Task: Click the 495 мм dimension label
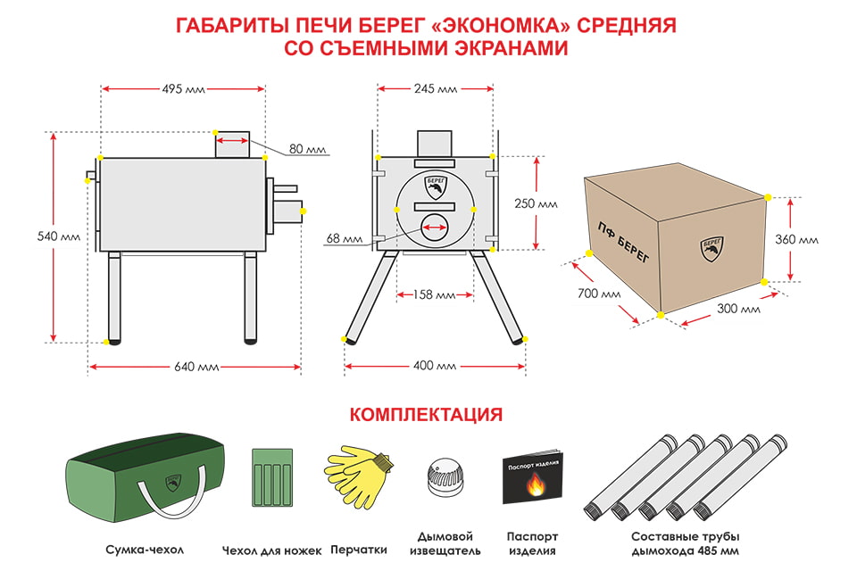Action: pyautogui.click(x=183, y=88)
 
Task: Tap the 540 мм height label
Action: pyautogui.click(x=59, y=236)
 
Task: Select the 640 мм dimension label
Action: pyautogui.click(x=196, y=367)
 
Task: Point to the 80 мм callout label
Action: pyautogui.click(x=307, y=149)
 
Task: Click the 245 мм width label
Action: pyautogui.click(x=435, y=88)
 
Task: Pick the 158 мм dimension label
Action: pyautogui.click(x=434, y=295)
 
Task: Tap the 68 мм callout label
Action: pyautogui.click(x=345, y=239)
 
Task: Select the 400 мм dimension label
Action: pyautogui.click(x=435, y=366)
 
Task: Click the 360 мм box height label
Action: pyautogui.click(x=796, y=239)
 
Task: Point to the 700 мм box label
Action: pyautogui.click(x=599, y=294)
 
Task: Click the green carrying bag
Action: pyautogui.click(x=145, y=476)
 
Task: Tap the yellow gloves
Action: pyautogui.click(x=359, y=476)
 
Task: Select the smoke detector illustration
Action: pyautogui.click(x=445, y=477)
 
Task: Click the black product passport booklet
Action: pyautogui.click(x=532, y=477)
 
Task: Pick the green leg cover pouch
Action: pyautogui.click(x=272, y=477)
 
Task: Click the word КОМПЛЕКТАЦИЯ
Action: pyautogui.click(x=426, y=415)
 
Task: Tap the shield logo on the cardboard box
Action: pyautogui.click(x=712, y=249)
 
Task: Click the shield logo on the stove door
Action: pyautogui.click(x=437, y=186)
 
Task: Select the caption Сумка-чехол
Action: pyautogui.click(x=145, y=550)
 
